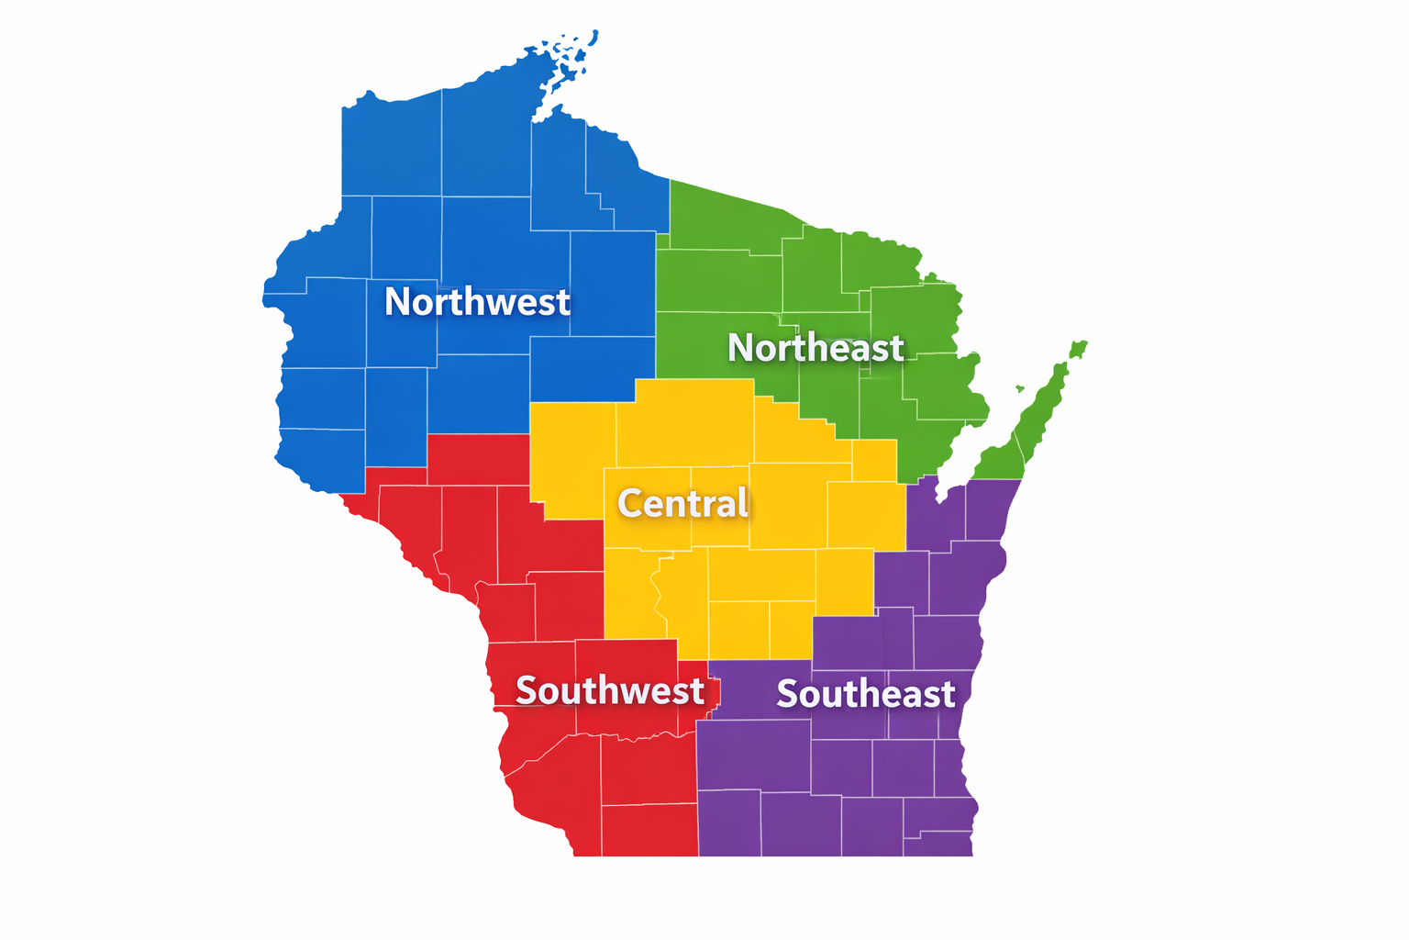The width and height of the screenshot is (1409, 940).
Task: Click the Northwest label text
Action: pyautogui.click(x=477, y=302)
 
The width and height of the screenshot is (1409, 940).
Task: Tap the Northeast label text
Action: pyautogui.click(x=815, y=348)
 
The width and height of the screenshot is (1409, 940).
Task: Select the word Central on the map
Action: pyautogui.click(x=682, y=503)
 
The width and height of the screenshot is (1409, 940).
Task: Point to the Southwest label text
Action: pyautogui.click(x=609, y=690)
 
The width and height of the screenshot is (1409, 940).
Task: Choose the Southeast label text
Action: pyautogui.click(x=865, y=694)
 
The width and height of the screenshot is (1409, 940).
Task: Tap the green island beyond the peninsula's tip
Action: pyautogui.click(x=1078, y=349)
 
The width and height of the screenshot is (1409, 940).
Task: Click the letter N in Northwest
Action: pyautogui.click(x=397, y=302)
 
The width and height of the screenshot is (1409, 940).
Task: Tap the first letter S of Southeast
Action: pyautogui.click(x=787, y=694)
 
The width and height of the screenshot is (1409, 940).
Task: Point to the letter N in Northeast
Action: pyautogui.click(x=741, y=348)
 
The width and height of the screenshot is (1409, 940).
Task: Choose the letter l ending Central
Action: pyautogui.click(x=743, y=502)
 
